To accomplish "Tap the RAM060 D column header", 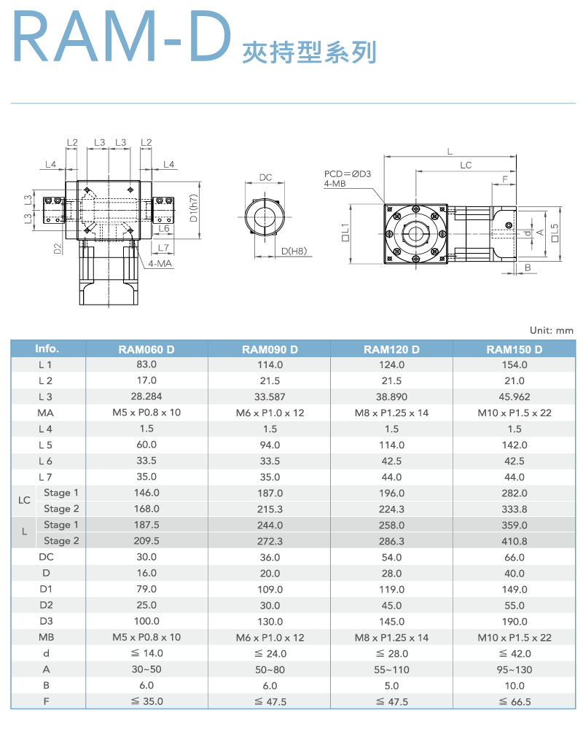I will pos(146,349).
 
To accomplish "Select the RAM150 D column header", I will pos(514,349).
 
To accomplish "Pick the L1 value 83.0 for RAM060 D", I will pos(146,364).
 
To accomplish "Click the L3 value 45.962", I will pos(514,397).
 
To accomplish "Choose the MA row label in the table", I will pos(46,413).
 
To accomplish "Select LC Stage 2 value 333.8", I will pos(514,509).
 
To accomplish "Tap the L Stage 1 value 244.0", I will pos(270,525).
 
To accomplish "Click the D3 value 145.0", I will pos(392,621).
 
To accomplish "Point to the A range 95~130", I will pos(514,669).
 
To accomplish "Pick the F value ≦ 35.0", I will pos(146,701).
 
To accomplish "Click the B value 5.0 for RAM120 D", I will pos(392,685).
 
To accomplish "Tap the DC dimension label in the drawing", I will pos(265,178).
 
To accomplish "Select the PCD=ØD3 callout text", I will pos(348,174).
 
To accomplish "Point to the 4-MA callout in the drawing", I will pos(160,263).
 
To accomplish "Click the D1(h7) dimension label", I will pos(193,208).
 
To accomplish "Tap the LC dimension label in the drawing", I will pos(466,165).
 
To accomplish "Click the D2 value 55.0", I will pos(514,605).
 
